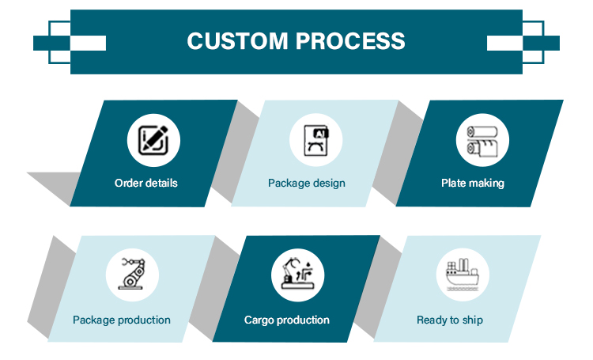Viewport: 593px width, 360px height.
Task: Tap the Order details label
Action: click(146, 183)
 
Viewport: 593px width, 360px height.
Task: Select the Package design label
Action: click(307, 183)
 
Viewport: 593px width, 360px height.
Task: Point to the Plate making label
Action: click(472, 183)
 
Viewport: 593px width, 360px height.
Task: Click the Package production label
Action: click(122, 320)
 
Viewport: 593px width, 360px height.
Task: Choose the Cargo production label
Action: click(287, 320)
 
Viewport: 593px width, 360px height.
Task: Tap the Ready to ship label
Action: click(450, 320)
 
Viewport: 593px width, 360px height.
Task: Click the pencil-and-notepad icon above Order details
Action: click(153, 140)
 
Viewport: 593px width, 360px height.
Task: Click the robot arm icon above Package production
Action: click(132, 275)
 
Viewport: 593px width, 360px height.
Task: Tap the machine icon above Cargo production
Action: click(297, 275)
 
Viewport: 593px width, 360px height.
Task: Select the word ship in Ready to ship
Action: click(473, 320)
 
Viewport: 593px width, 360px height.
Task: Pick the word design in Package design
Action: click(328, 183)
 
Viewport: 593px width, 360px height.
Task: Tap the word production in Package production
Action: click(145, 320)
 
